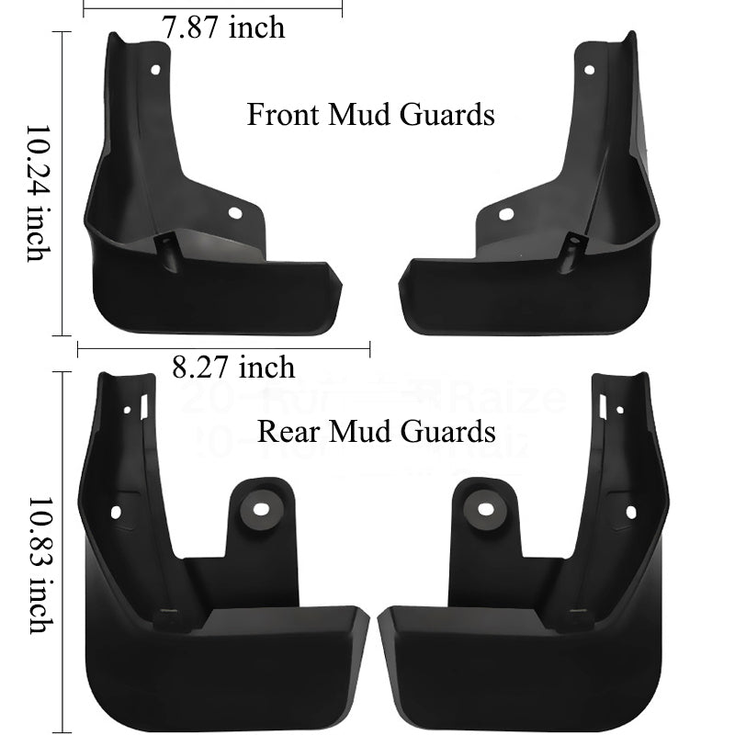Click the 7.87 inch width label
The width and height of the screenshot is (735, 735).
tap(223, 28)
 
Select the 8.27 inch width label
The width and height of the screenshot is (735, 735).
tap(233, 367)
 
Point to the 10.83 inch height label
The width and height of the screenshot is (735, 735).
tap(37, 565)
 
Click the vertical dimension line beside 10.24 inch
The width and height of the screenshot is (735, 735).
tap(62, 184)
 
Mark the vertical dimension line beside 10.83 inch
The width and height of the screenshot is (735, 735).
tap(62, 551)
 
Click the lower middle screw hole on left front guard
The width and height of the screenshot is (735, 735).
tap(234, 214)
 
